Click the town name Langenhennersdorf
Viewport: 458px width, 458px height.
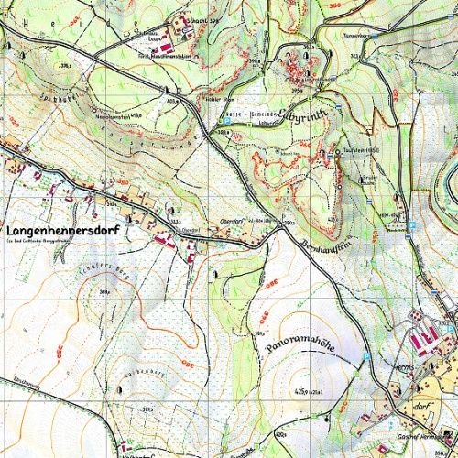[x=63, y=231]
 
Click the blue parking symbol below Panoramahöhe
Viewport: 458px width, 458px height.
[x=366, y=353]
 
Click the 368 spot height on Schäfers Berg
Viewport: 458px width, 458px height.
[x=104, y=292]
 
